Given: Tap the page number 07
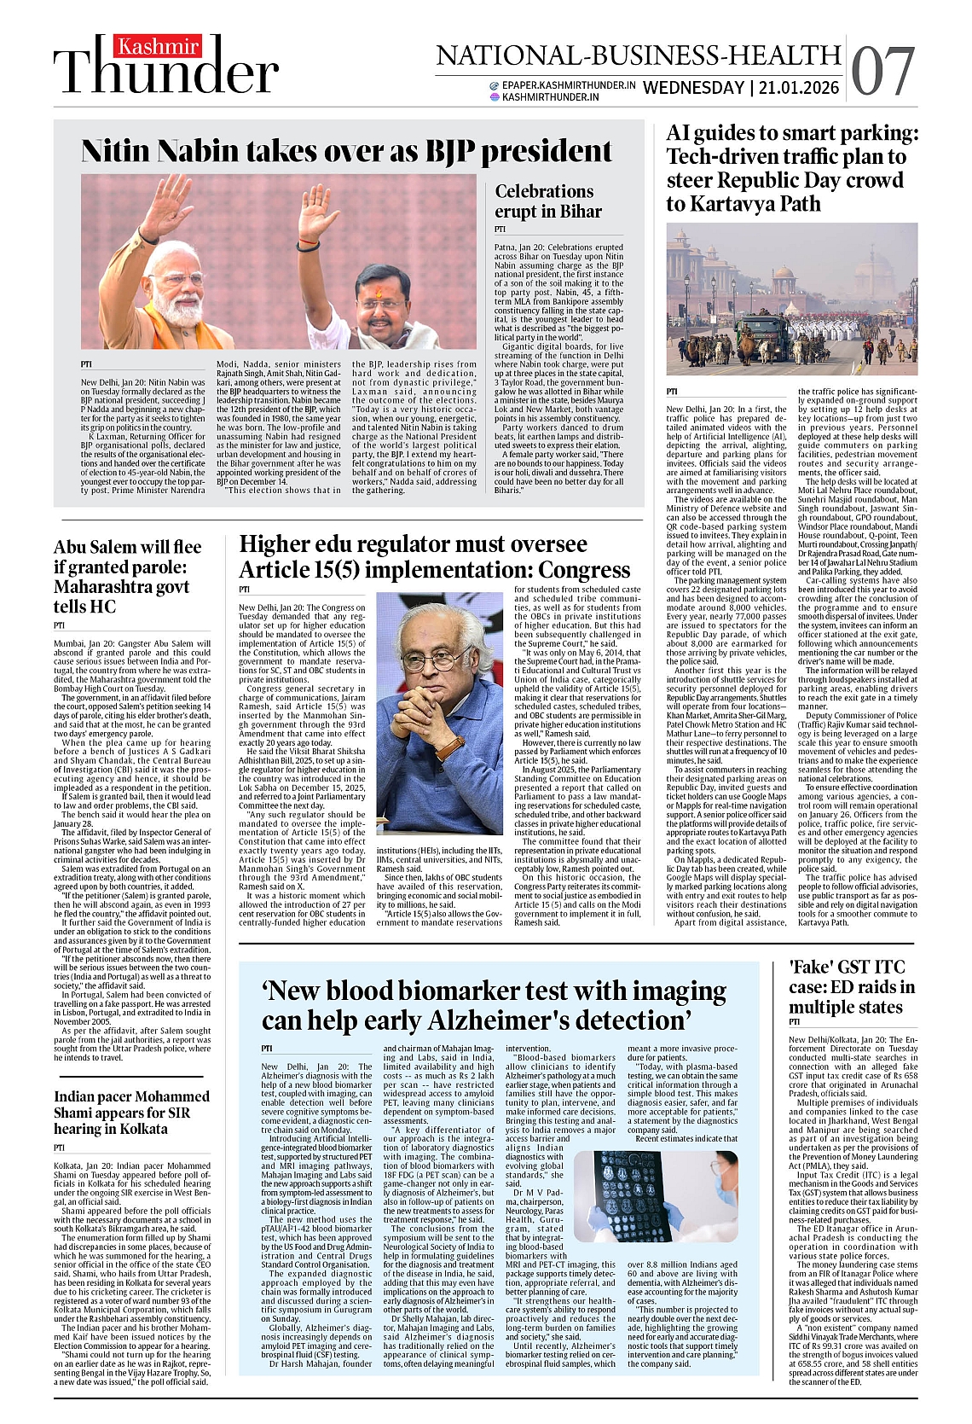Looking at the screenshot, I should [882, 72].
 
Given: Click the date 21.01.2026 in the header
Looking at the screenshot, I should [799, 87].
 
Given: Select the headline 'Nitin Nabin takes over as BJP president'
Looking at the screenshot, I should [346, 152].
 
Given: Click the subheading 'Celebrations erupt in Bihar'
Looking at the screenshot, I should [548, 201].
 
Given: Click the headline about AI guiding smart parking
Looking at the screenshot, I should [792, 168].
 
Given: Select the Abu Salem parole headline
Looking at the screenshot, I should [128, 577].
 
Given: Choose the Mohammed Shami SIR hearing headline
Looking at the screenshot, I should [131, 1113].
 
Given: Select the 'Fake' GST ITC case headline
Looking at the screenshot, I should [851, 987].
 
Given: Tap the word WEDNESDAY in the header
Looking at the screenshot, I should [693, 87].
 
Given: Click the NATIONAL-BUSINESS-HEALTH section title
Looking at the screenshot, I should [639, 55].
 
